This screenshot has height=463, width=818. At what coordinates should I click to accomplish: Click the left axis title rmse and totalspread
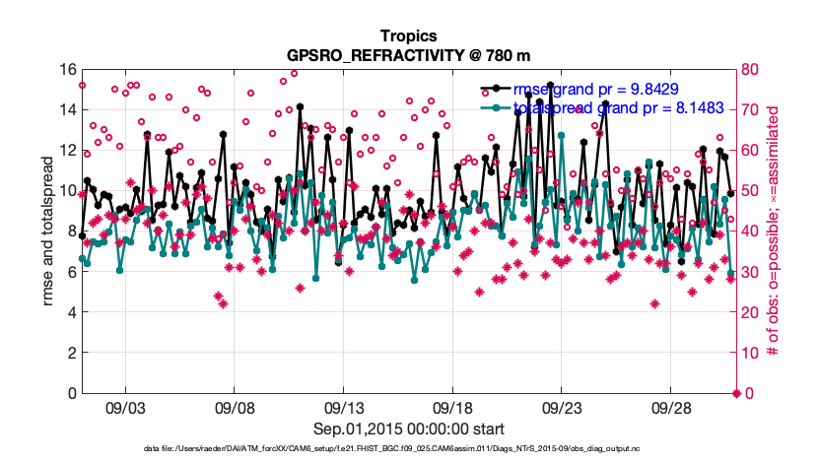(49, 231)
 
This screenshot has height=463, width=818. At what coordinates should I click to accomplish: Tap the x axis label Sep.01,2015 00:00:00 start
(408, 429)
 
